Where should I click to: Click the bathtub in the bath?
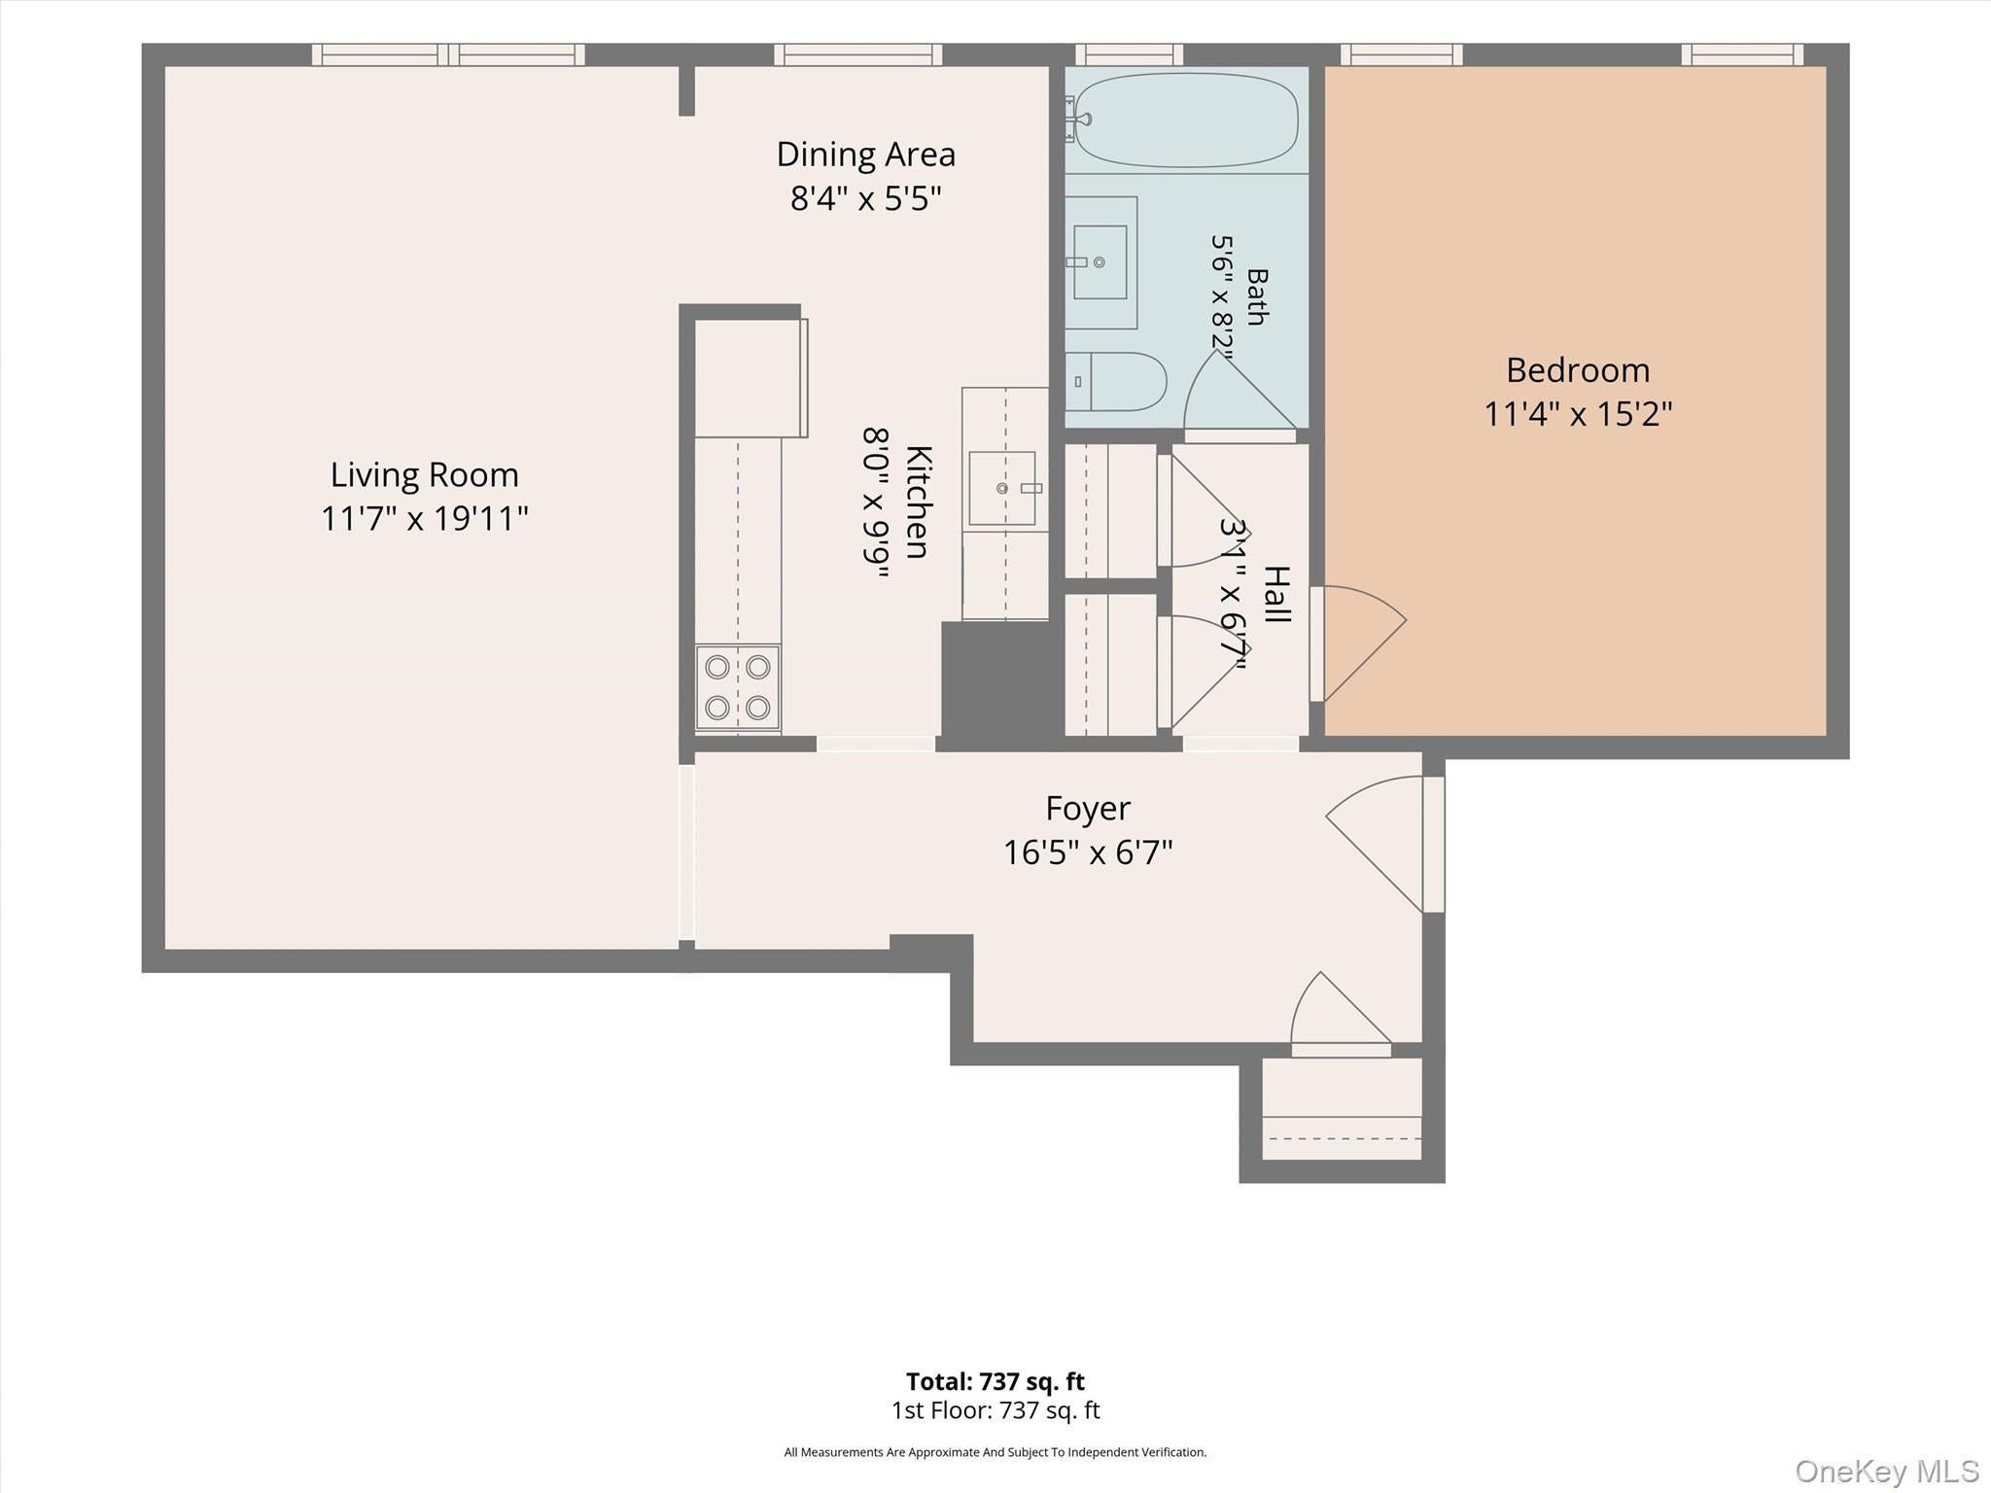click(x=1186, y=121)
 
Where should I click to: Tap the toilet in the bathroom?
click(x=1116, y=381)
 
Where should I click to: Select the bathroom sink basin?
click(x=1100, y=262)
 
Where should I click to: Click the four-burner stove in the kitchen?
click(x=738, y=686)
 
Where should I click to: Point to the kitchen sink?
click(x=1002, y=488)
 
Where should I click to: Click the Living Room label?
click(x=425, y=474)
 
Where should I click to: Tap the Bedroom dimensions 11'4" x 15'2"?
click(x=1578, y=414)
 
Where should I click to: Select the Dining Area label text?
click(x=866, y=154)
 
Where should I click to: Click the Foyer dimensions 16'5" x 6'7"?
click(x=1088, y=852)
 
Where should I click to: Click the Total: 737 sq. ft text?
click(x=995, y=1381)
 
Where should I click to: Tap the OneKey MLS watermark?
click(x=1887, y=1471)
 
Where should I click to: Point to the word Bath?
click(x=1257, y=296)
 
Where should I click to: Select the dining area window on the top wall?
click(x=858, y=54)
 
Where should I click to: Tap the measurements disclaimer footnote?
click(x=995, y=1452)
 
